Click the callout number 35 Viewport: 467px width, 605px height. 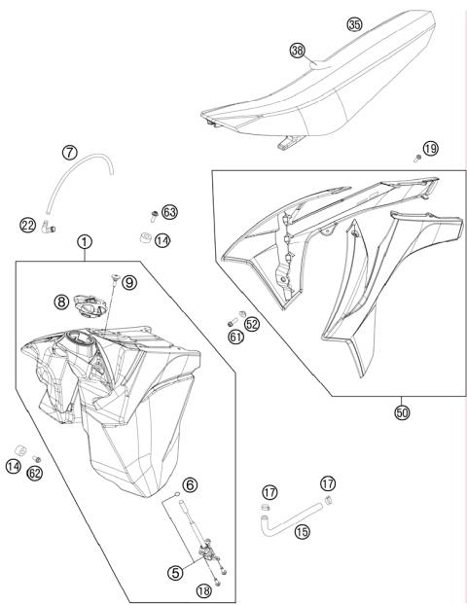tap(354, 23)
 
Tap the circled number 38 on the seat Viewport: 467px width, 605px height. tap(297, 49)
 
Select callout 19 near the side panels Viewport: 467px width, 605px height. tap(430, 148)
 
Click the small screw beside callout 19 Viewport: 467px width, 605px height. tap(417, 157)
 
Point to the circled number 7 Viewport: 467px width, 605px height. tap(70, 152)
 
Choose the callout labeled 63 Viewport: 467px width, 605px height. tap(169, 211)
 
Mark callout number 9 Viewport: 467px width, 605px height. tap(129, 283)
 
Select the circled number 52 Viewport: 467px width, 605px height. tap(251, 324)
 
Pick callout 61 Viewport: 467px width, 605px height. tap(236, 337)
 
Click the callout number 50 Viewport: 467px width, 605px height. tap(402, 412)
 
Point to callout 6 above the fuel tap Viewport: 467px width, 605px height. tap(190, 483)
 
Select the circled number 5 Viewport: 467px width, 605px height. tap(175, 573)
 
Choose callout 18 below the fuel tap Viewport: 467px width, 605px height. tap(203, 590)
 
